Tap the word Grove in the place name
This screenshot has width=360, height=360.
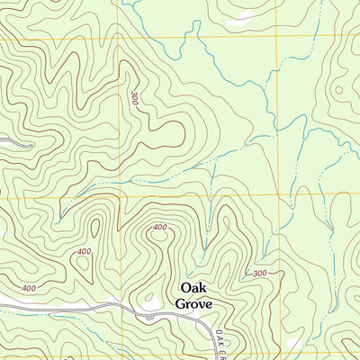pyautogui.click(x=194, y=304)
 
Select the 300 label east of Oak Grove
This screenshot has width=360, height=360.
pyautogui.click(x=260, y=273)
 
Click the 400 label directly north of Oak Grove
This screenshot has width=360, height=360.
pyautogui.click(x=160, y=228)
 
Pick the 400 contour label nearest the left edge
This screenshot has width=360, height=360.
pyautogui.click(x=29, y=288)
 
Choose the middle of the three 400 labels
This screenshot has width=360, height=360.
pyautogui.click(x=85, y=251)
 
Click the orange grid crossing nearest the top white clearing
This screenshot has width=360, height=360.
pyautogui.click(x=275, y=37)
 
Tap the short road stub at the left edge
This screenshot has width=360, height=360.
pyautogui.click(x=13, y=141)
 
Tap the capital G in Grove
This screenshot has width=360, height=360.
pyautogui.click(x=181, y=304)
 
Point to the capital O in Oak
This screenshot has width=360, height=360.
pyautogui.click(x=185, y=288)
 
